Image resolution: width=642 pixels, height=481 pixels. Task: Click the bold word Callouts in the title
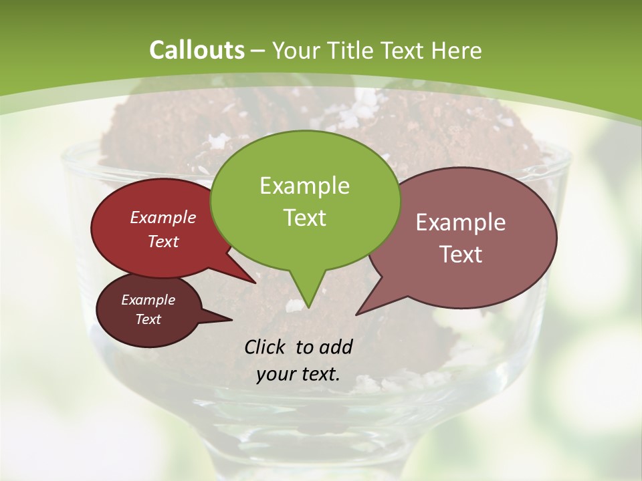197,50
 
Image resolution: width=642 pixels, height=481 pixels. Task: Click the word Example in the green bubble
304,186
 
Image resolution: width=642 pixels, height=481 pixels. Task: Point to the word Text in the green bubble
304,217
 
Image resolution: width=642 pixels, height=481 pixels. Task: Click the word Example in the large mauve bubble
461,222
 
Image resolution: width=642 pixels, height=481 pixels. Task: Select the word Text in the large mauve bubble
461,254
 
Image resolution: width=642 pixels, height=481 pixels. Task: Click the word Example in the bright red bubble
163,217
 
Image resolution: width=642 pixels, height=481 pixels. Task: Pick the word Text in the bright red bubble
163,241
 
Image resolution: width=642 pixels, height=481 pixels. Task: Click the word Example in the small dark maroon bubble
148,300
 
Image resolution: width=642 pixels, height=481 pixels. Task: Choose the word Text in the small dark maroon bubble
148,319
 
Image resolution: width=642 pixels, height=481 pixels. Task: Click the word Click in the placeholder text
265,347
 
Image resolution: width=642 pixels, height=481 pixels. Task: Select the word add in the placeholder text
336,347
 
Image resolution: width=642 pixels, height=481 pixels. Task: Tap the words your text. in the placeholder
298,374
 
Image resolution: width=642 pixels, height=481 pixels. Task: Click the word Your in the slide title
297,50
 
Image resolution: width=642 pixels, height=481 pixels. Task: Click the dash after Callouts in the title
258,50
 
